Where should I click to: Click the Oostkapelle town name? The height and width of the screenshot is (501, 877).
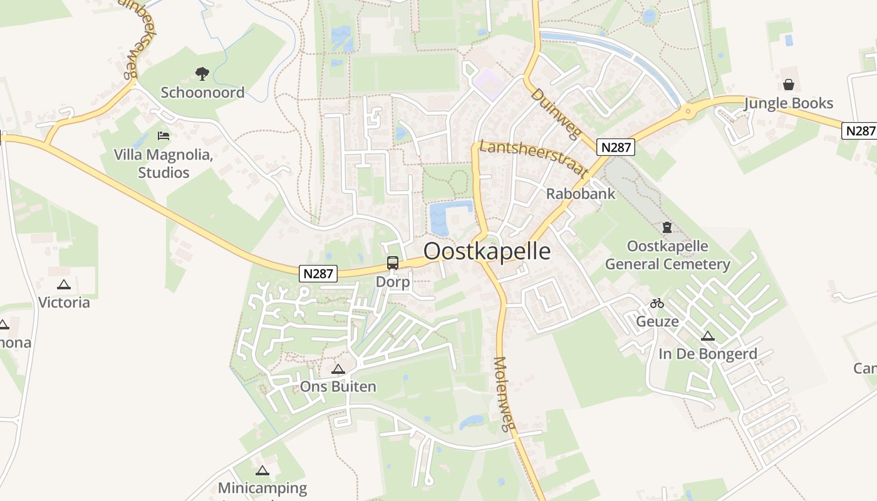tap(487, 251)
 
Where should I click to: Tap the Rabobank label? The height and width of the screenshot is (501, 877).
tap(581, 194)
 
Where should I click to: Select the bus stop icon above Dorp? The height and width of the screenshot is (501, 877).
tap(393, 263)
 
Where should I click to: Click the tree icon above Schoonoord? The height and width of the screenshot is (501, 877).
tap(202, 75)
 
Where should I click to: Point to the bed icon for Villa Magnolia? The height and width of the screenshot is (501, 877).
tap(163, 135)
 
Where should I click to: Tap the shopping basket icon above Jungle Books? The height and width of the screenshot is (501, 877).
tap(788, 85)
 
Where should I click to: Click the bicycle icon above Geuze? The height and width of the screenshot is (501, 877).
tap(656, 303)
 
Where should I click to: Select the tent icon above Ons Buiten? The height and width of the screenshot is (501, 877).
tap(338, 369)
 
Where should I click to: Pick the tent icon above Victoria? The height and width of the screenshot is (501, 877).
tap(63, 285)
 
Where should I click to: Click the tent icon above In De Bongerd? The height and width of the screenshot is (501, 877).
tap(708, 336)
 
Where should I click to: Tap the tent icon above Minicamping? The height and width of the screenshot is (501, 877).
tap(262, 470)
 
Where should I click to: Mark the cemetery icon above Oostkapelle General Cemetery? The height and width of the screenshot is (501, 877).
tap(667, 227)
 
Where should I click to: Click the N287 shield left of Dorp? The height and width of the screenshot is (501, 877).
tap(318, 273)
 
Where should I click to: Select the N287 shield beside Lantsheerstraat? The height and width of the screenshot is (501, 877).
tap(616, 147)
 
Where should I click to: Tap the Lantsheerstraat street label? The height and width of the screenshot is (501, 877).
tap(533, 158)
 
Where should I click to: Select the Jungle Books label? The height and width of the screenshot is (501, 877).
tap(788, 103)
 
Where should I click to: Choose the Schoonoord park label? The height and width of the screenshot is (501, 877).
tap(202, 93)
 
